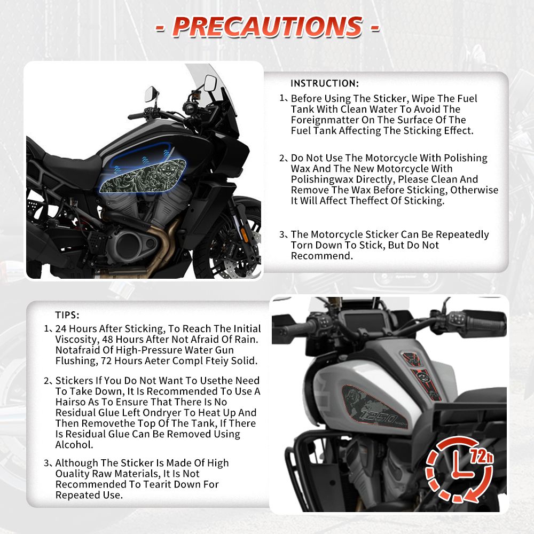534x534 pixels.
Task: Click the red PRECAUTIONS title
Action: pos(268,27)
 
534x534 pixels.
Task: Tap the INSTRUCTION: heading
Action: pos(325,83)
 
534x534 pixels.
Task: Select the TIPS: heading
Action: pos(67,315)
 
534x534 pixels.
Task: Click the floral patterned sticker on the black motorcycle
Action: pos(143,176)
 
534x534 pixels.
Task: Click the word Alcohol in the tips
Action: pos(74,445)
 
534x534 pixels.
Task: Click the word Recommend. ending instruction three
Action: pos(322,256)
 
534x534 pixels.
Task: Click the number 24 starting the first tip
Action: pos(61,328)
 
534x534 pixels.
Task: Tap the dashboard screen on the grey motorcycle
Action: pos(364,321)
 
